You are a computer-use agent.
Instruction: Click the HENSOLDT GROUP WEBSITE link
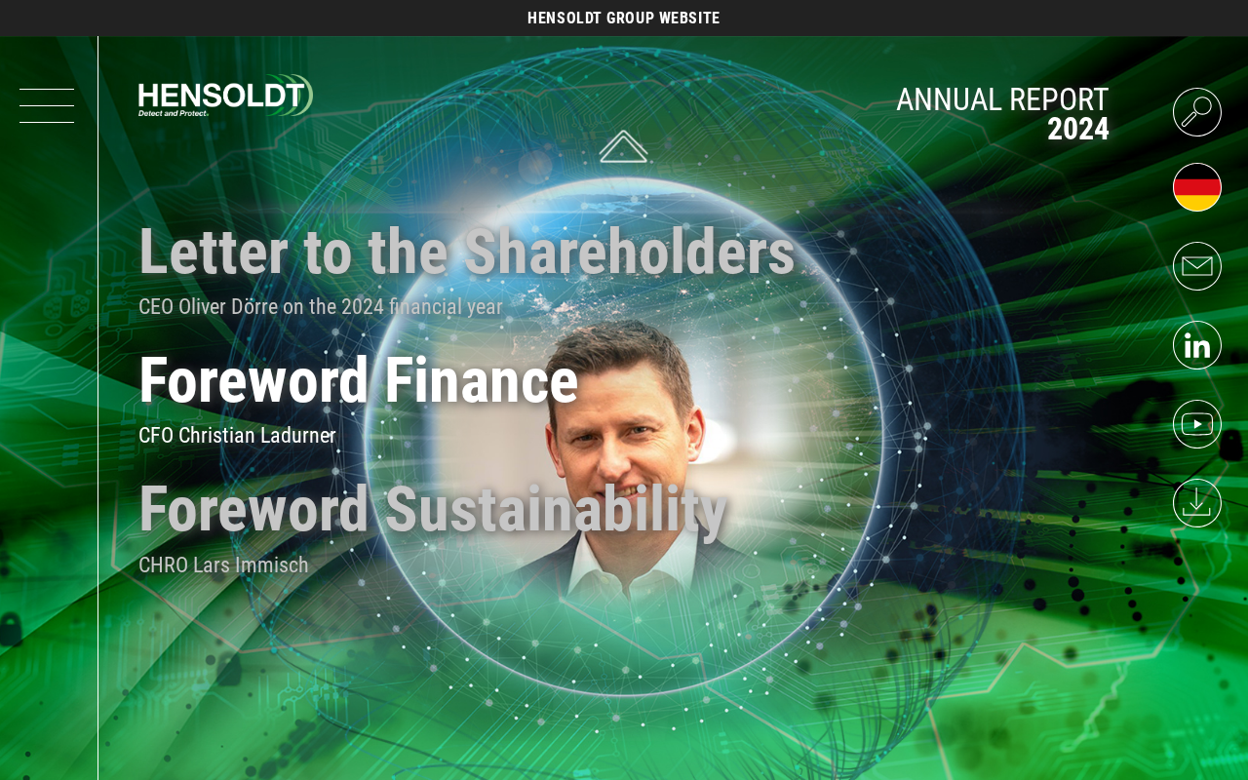(x=623, y=18)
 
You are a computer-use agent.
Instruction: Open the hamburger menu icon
(x=47, y=105)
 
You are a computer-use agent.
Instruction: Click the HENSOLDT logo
(x=225, y=96)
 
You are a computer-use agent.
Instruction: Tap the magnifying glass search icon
(x=1196, y=112)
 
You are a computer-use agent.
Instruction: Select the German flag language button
(x=1196, y=187)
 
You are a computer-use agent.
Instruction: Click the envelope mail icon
(x=1196, y=266)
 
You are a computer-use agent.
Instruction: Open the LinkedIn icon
(x=1196, y=345)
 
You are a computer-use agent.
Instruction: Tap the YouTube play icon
(x=1196, y=424)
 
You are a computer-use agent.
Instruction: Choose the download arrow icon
(x=1196, y=503)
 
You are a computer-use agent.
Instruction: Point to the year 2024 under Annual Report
(x=1078, y=130)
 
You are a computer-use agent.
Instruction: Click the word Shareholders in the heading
(x=630, y=252)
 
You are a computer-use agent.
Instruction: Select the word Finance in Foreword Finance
(x=482, y=380)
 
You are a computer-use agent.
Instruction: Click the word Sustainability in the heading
(x=556, y=510)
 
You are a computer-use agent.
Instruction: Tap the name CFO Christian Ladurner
(x=237, y=436)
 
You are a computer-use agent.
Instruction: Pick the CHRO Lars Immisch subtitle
(x=223, y=565)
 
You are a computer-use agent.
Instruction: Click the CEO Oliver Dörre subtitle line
(x=321, y=307)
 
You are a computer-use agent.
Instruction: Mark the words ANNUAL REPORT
(x=1002, y=99)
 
